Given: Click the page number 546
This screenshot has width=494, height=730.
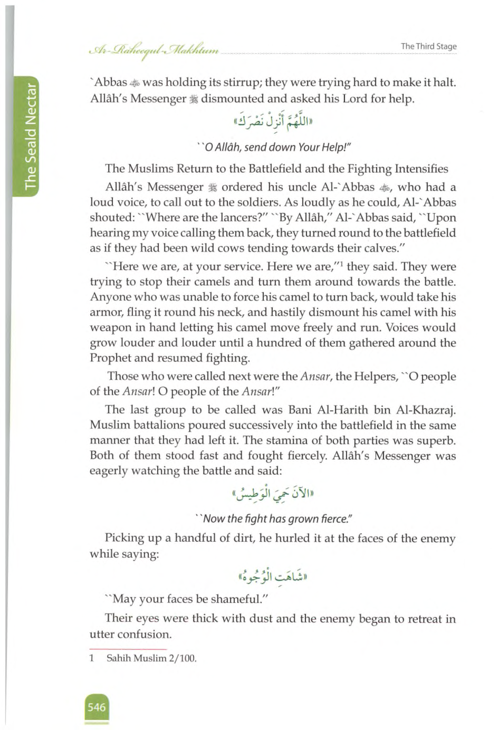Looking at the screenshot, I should click(x=97, y=707).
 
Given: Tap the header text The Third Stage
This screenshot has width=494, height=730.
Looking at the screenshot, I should click(x=428, y=46).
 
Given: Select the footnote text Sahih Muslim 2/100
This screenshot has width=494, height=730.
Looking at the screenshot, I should click(x=151, y=658).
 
